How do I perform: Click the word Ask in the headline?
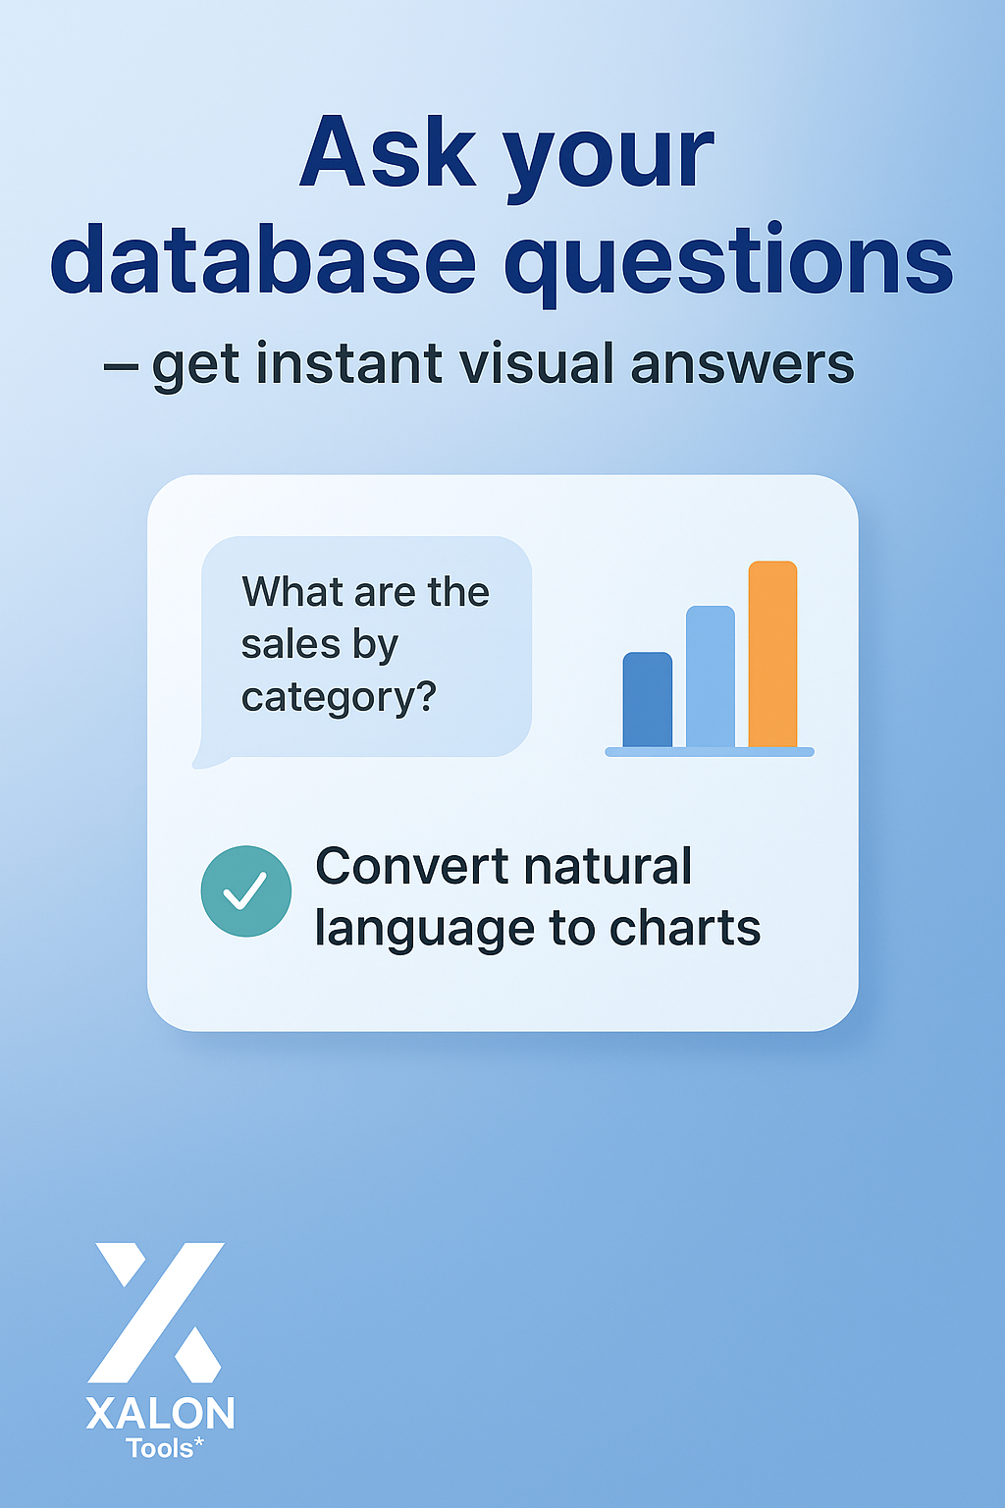click(x=388, y=153)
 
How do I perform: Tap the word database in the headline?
click(x=263, y=260)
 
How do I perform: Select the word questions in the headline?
click(x=729, y=264)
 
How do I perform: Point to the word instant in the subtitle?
click(x=349, y=363)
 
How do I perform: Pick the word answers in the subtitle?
click(x=743, y=364)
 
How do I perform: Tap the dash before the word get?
click(x=121, y=367)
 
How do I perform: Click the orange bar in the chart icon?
click(x=772, y=654)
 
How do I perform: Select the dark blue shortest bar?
click(x=648, y=699)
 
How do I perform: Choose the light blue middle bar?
click(x=711, y=676)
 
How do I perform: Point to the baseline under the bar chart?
click(x=710, y=752)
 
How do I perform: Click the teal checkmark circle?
click(x=246, y=891)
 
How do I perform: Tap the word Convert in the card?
click(x=412, y=866)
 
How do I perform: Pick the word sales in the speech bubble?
click(x=291, y=645)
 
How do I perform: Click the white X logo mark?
click(x=156, y=1313)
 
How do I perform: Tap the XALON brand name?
click(x=160, y=1414)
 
